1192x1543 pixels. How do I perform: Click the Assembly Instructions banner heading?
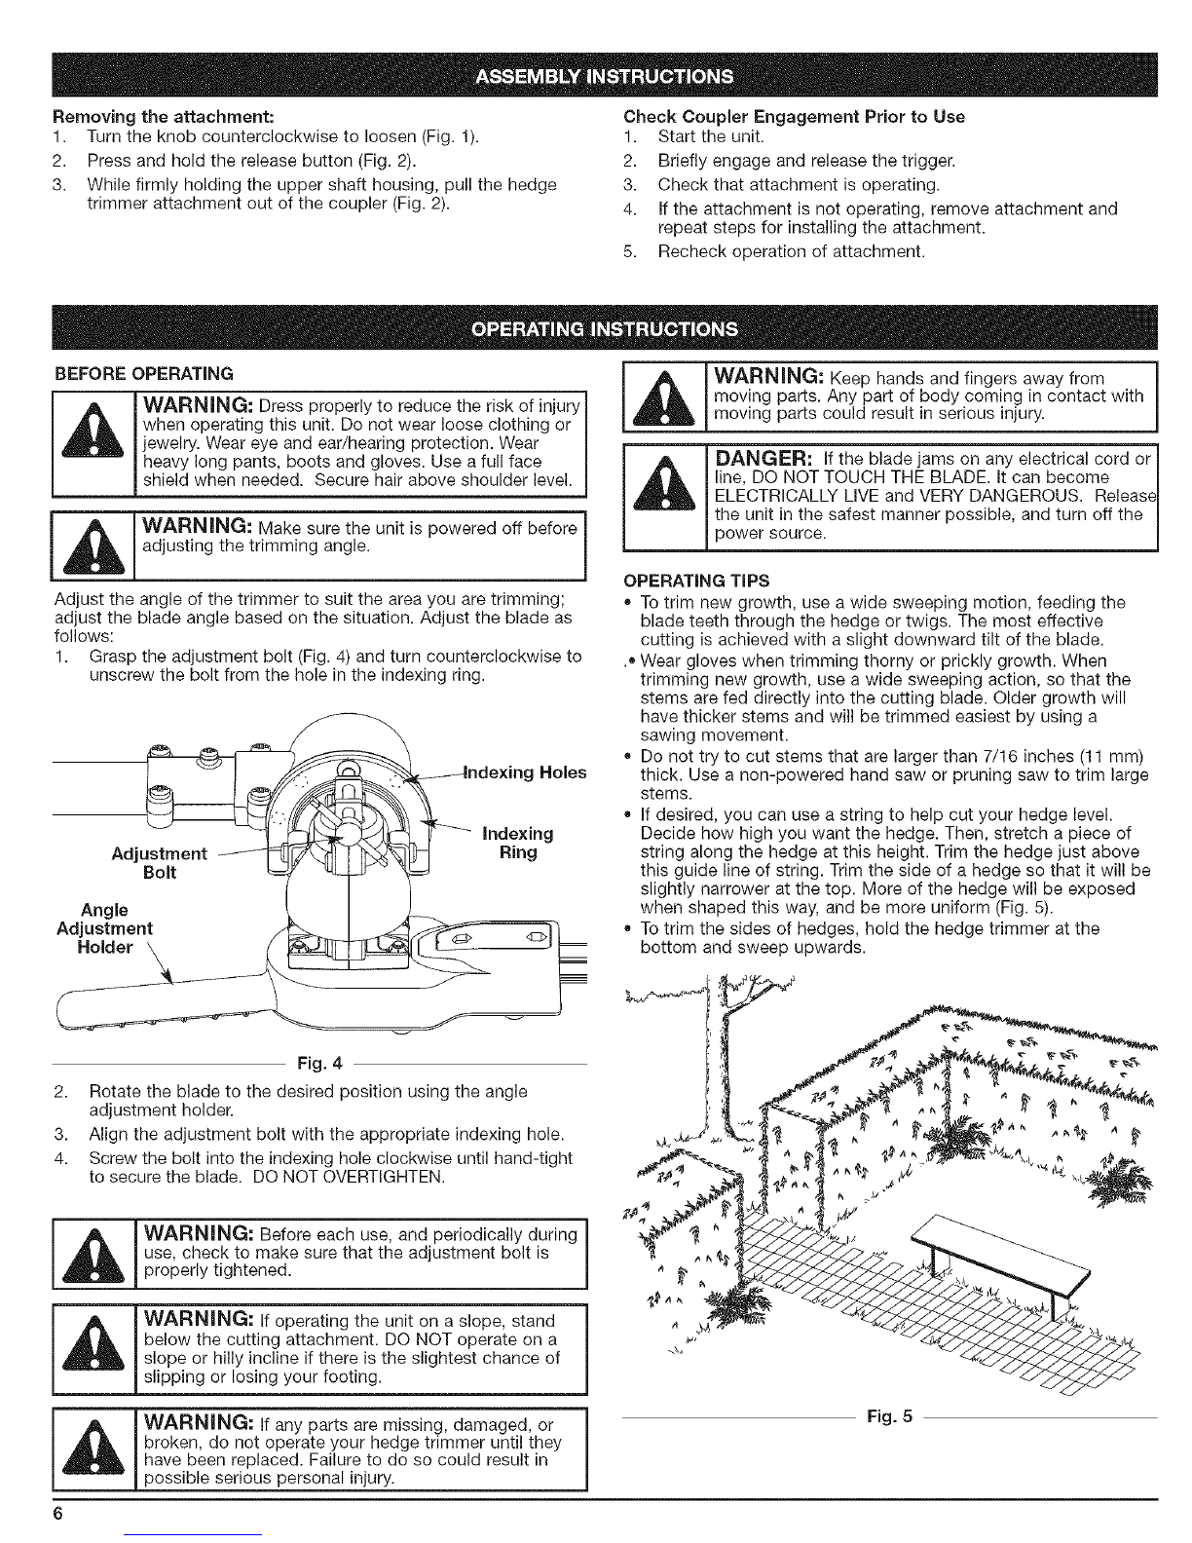point(604,76)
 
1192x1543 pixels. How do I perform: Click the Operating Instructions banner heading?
point(604,329)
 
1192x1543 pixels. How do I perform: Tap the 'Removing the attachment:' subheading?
point(164,116)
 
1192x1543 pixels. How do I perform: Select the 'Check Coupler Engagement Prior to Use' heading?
point(794,117)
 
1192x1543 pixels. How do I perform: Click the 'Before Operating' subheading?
point(144,373)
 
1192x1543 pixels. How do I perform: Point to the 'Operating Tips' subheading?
point(695,581)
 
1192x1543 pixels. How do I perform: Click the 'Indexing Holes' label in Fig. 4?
point(525,771)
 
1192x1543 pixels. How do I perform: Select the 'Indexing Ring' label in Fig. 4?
point(517,843)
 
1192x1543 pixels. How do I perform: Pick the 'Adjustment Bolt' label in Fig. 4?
point(159,863)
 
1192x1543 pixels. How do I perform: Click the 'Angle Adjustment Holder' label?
point(104,928)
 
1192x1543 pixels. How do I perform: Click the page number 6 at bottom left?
point(57,1513)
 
